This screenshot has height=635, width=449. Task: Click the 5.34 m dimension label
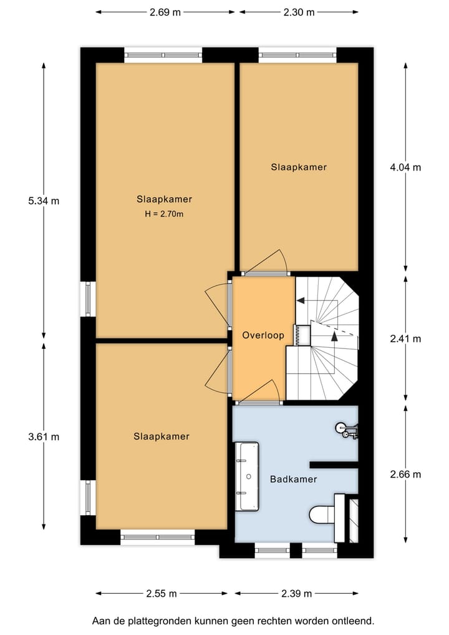click(44, 201)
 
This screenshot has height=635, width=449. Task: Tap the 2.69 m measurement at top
click(165, 11)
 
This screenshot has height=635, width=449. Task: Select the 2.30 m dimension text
click(299, 11)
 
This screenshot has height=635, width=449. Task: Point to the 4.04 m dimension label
click(405, 167)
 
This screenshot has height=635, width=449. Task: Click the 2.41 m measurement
click(405, 339)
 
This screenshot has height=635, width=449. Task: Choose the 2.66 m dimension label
click(405, 475)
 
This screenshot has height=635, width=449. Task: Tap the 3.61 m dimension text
click(44, 437)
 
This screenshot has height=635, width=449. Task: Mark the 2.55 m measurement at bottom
click(161, 593)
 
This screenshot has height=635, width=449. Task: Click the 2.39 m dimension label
click(296, 593)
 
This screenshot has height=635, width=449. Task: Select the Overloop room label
click(263, 335)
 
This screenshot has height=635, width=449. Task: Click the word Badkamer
click(293, 480)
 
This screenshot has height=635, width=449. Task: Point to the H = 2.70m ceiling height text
click(164, 214)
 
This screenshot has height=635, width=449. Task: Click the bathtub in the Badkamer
click(247, 476)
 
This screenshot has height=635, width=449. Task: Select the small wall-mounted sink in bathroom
click(344, 429)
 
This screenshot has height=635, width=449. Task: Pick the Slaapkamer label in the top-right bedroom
click(298, 167)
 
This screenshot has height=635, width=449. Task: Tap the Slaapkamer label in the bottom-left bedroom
click(161, 436)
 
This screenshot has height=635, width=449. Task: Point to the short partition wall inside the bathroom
click(334, 464)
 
